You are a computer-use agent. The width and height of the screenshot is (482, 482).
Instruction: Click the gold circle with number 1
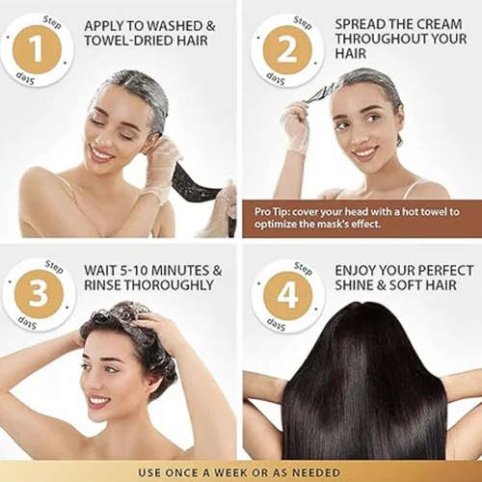(x=38, y=49)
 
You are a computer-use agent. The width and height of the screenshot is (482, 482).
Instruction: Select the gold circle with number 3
(x=38, y=295)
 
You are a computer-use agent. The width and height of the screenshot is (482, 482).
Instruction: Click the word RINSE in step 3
(x=107, y=286)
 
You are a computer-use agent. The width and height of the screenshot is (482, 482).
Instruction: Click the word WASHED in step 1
(x=178, y=25)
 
